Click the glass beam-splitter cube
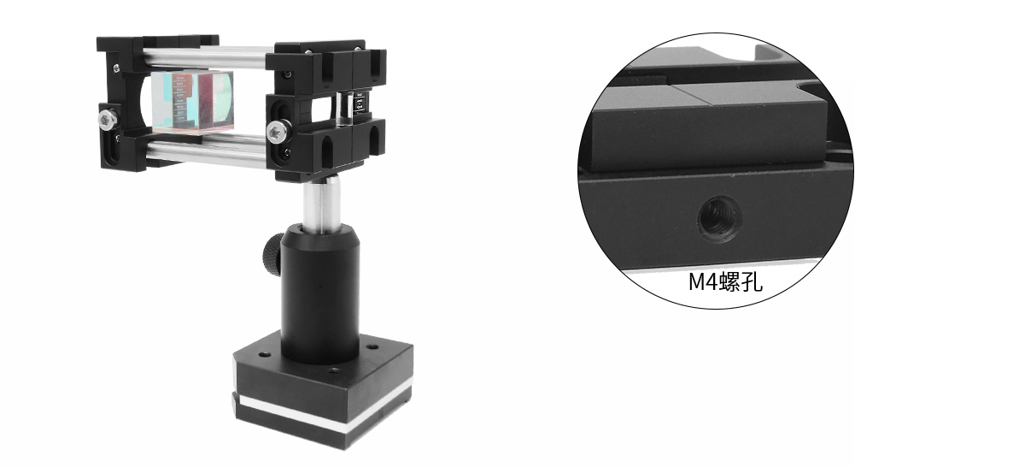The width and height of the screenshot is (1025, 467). (x=193, y=101)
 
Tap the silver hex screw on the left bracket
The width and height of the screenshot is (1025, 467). (x=107, y=119)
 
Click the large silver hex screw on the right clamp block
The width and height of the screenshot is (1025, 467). (x=277, y=131)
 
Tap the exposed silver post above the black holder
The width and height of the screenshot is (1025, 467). (x=321, y=203)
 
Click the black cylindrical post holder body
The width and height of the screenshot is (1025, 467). (x=320, y=293)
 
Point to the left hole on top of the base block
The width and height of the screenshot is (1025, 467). (x=264, y=354)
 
